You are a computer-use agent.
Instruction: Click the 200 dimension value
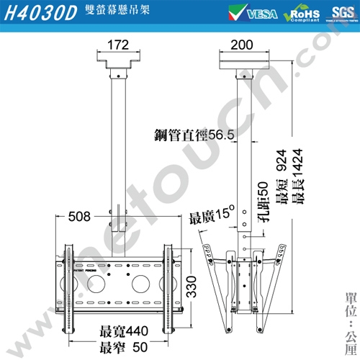242,45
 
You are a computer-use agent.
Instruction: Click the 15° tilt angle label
213,214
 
